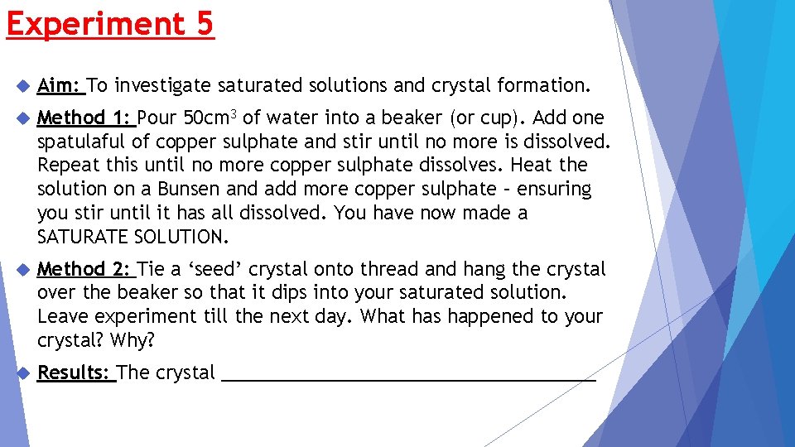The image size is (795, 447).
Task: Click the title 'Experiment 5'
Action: tap(110, 23)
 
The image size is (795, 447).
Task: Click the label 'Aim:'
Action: tap(59, 85)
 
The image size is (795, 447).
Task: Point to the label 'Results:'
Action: tap(74, 373)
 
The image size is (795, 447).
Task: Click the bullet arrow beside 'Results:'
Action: tap(22, 373)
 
